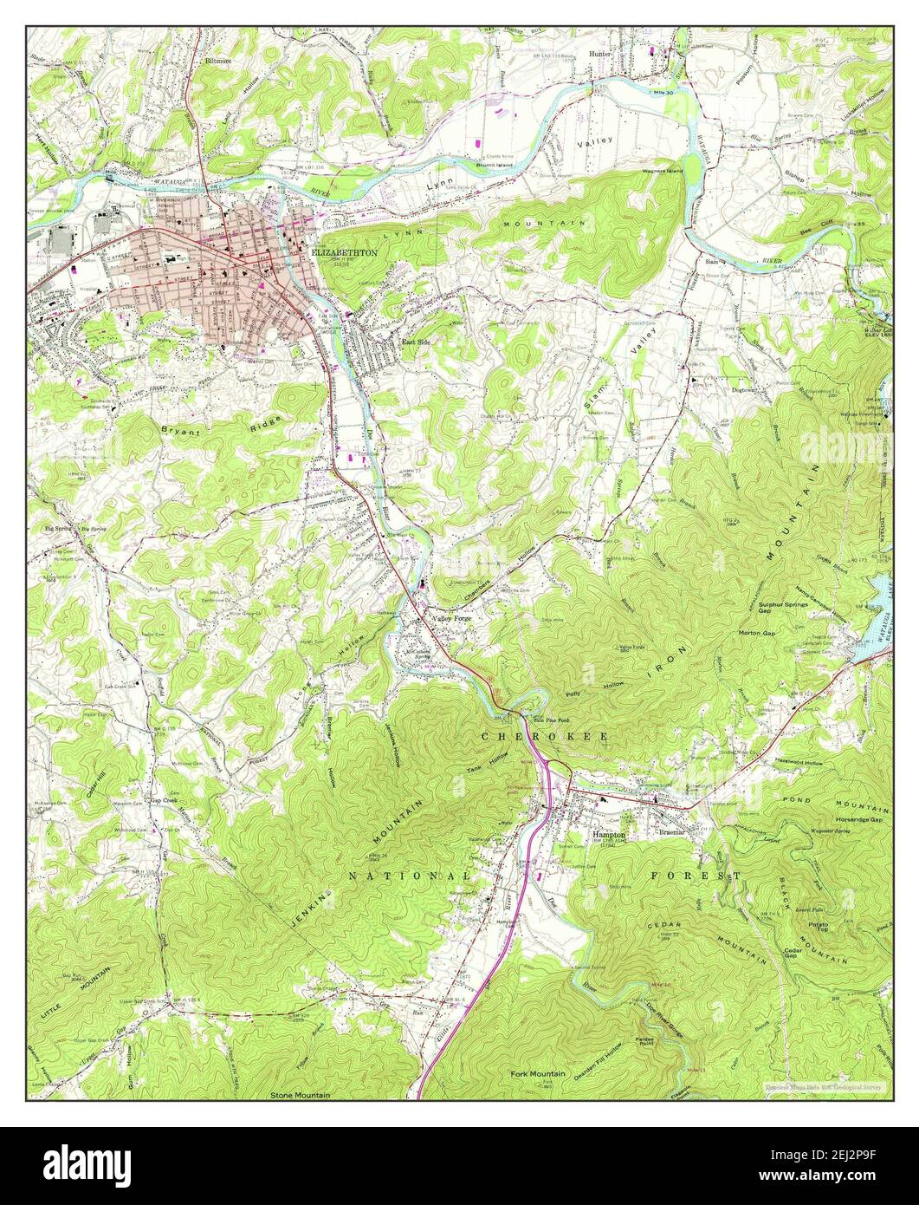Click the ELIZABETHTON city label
(344, 251)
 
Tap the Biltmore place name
(219, 62)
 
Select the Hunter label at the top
(600, 54)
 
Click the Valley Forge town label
(451, 619)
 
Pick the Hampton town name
(609, 834)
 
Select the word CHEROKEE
(545, 735)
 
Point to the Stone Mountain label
(301, 1096)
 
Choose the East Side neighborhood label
(416, 342)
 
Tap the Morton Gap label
(757, 633)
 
